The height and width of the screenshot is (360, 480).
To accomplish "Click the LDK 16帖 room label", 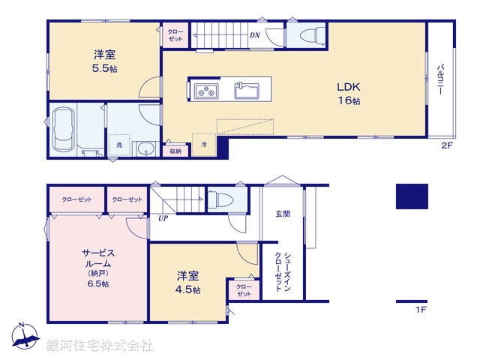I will pyautogui.click(x=349, y=92).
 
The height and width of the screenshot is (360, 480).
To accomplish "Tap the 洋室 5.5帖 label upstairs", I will pyautogui.click(x=104, y=61).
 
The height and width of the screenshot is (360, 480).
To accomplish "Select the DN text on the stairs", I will pyautogui.click(x=254, y=35).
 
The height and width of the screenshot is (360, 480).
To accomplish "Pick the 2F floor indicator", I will pyautogui.click(x=447, y=146).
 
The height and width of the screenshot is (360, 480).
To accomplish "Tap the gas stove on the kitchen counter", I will pyautogui.click(x=205, y=91).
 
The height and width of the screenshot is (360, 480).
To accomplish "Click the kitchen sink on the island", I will pyautogui.click(x=247, y=91).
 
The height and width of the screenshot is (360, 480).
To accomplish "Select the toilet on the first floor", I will pyautogui.click(x=222, y=199).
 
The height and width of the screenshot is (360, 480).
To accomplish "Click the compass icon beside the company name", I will pyautogui.click(x=25, y=337).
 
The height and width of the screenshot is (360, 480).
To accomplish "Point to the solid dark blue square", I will pyautogui.click(x=412, y=196).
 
